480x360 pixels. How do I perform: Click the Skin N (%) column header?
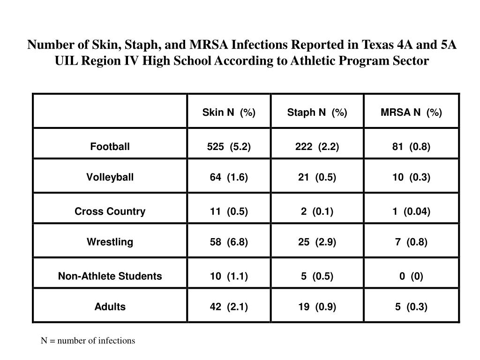229,112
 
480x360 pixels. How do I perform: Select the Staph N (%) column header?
317,112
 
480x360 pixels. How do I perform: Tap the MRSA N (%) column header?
411,112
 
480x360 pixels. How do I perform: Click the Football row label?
110,147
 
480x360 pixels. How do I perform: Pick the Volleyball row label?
110,177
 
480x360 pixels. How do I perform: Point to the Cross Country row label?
110,211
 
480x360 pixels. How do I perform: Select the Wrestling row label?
110,242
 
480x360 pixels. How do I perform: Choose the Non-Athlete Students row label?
110,276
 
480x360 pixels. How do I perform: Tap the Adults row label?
110,307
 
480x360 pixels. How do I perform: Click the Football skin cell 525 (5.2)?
229,147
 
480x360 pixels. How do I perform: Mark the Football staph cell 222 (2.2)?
317,147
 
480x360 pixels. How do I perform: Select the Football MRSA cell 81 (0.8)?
411,147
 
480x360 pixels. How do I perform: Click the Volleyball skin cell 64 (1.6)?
229,177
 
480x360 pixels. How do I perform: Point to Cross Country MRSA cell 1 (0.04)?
411,211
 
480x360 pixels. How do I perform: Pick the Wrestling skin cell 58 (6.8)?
229,242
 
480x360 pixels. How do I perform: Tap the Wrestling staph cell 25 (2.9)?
317,242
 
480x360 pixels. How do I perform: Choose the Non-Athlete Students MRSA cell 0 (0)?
411,276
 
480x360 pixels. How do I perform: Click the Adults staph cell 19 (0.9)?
317,307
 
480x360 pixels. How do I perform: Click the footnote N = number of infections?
88,341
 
